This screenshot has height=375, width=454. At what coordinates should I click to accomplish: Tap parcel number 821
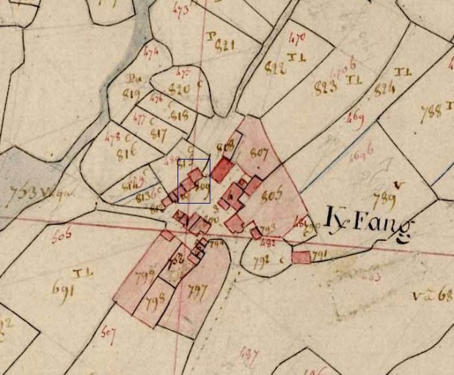[x=225, y=45]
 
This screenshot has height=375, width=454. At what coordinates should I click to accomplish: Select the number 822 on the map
[x=274, y=69]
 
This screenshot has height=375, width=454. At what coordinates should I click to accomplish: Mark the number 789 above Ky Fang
[x=384, y=200]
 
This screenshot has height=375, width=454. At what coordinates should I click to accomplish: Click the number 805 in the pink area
[x=271, y=195]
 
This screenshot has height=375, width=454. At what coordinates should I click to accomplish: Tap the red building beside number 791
[x=301, y=257]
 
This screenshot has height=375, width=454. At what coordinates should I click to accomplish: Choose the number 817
[x=158, y=134]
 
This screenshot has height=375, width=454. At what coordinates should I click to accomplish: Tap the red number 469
[x=356, y=116]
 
